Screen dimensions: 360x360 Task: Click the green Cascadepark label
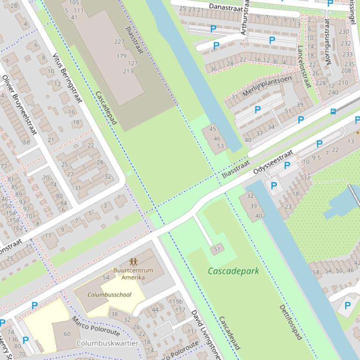click(x=233, y=271)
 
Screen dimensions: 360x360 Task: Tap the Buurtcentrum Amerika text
click(x=133, y=274)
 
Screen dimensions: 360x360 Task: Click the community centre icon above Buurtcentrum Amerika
click(x=133, y=262)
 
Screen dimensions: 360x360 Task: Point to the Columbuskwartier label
click(x=107, y=343)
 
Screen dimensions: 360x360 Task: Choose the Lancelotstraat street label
click(x=304, y=66)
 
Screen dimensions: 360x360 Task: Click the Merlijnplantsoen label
click(x=267, y=86)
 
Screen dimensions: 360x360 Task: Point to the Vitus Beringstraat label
click(x=67, y=77)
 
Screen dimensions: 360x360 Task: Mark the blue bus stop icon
click(x=333, y=111)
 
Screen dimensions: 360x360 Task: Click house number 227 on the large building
click(x=119, y=42)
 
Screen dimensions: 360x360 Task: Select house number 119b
click(x=175, y=302)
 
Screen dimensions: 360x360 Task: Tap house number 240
click(x=333, y=93)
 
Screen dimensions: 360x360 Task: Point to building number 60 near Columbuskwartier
click(x=67, y=334)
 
